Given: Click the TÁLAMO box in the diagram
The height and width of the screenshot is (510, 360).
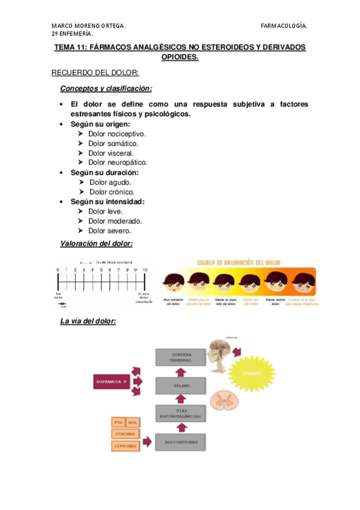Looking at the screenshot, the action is click(x=182, y=386).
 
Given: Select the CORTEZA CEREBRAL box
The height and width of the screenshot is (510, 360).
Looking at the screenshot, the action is click(x=182, y=357).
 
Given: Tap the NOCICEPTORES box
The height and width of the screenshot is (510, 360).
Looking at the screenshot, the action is click(x=182, y=443).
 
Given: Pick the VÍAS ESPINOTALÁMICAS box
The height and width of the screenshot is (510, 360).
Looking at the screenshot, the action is click(x=182, y=414).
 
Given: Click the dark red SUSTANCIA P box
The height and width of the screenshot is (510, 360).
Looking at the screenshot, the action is click(x=112, y=381).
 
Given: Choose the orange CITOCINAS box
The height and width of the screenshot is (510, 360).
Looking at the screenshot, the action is click(x=124, y=446).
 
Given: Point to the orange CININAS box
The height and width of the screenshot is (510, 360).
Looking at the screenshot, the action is click(x=124, y=434).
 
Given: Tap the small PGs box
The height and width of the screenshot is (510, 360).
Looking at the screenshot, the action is click(x=118, y=422).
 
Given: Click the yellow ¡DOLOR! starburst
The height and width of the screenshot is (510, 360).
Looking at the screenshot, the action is click(x=251, y=372).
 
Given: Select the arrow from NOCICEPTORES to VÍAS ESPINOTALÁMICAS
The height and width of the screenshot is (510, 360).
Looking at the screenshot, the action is click(x=182, y=428).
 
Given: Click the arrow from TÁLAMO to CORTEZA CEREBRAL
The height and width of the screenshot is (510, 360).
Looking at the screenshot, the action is click(x=182, y=371).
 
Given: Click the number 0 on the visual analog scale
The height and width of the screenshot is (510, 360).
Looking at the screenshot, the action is click(x=58, y=271).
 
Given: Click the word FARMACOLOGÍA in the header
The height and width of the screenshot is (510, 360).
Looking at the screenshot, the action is click(x=284, y=26).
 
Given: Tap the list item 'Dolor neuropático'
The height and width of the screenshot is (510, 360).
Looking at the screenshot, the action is click(x=117, y=162).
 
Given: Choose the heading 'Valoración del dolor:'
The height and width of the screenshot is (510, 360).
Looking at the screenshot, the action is click(x=96, y=244).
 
